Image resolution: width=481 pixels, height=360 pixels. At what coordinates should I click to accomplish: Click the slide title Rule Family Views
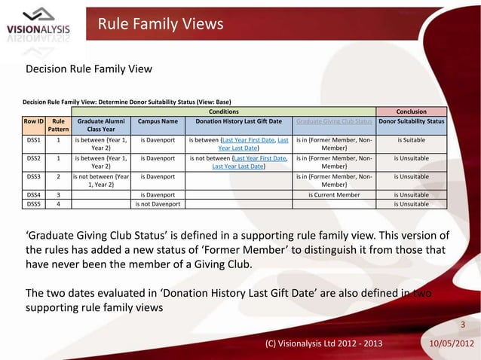tap(161, 25)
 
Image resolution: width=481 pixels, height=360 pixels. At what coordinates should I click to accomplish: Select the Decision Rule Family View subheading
tap(89, 69)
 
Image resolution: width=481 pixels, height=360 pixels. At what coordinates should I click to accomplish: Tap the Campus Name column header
tap(158, 121)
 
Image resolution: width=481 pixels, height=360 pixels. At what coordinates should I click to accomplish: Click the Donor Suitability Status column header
tap(412, 121)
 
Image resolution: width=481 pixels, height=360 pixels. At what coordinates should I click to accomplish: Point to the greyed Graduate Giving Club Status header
tap(334, 121)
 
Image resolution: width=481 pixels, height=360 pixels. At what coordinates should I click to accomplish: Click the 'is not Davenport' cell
tap(158, 203)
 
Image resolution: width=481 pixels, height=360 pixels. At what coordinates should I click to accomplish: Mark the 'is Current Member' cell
tap(334, 194)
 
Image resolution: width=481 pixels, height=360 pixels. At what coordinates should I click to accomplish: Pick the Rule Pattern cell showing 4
tap(58, 203)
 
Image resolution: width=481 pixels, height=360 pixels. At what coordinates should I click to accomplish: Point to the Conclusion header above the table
tap(412, 111)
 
